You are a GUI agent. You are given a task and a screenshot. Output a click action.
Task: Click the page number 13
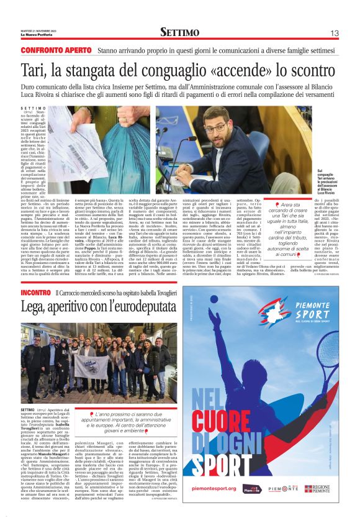click(x=333, y=33)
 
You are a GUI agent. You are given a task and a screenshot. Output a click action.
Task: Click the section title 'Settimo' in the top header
click(x=179, y=32)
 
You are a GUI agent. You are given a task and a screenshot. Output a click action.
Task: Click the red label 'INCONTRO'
click(x=36, y=292)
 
